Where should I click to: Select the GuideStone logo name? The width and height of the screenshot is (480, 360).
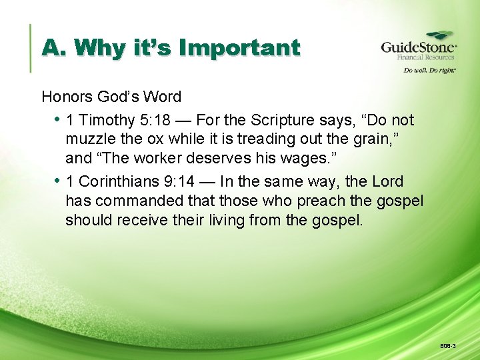click(x=418, y=47)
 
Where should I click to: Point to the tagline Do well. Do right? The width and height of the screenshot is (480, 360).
click(x=427, y=70)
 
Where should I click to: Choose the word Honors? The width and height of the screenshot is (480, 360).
click(x=69, y=97)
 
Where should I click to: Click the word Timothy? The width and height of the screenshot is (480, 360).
click(x=107, y=120)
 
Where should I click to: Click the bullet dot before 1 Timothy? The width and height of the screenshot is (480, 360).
click(x=57, y=120)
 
